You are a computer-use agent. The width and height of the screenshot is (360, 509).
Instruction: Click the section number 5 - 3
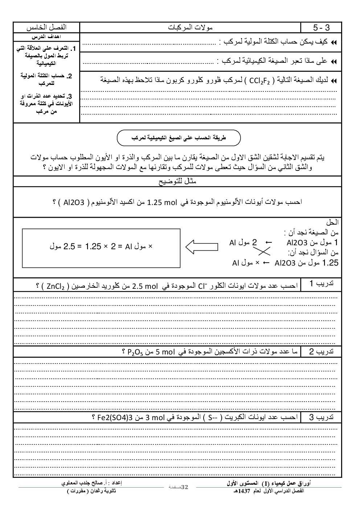pyautogui.click(x=321, y=28)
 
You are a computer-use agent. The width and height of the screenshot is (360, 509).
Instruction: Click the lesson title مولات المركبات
pyautogui.click(x=191, y=28)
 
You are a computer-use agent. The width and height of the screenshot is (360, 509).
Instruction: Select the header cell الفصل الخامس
pyautogui.click(x=47, y=28)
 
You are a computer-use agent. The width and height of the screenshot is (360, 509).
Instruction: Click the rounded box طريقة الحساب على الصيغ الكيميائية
pyautogui.click(x=178, y=138)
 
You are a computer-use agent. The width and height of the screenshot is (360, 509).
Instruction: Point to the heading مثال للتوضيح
pyautogui.click(x=178, y=181)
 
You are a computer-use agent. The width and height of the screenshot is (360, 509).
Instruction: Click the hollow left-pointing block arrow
pyautogui.click(x=202, y=247)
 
